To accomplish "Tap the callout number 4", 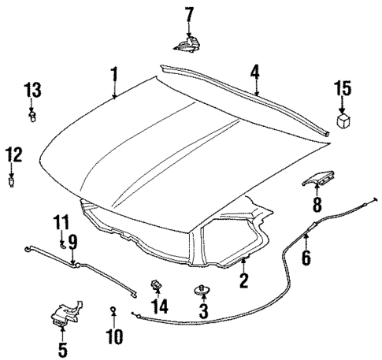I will tap(255, 74).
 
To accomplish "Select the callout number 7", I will tap(188, 13).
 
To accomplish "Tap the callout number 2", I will tap(243, 280).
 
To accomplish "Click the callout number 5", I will tap(62, 347).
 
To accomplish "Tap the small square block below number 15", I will tap(343, 121).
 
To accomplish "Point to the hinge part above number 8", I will tap(317, 181).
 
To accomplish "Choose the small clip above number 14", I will tap(157, 283).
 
